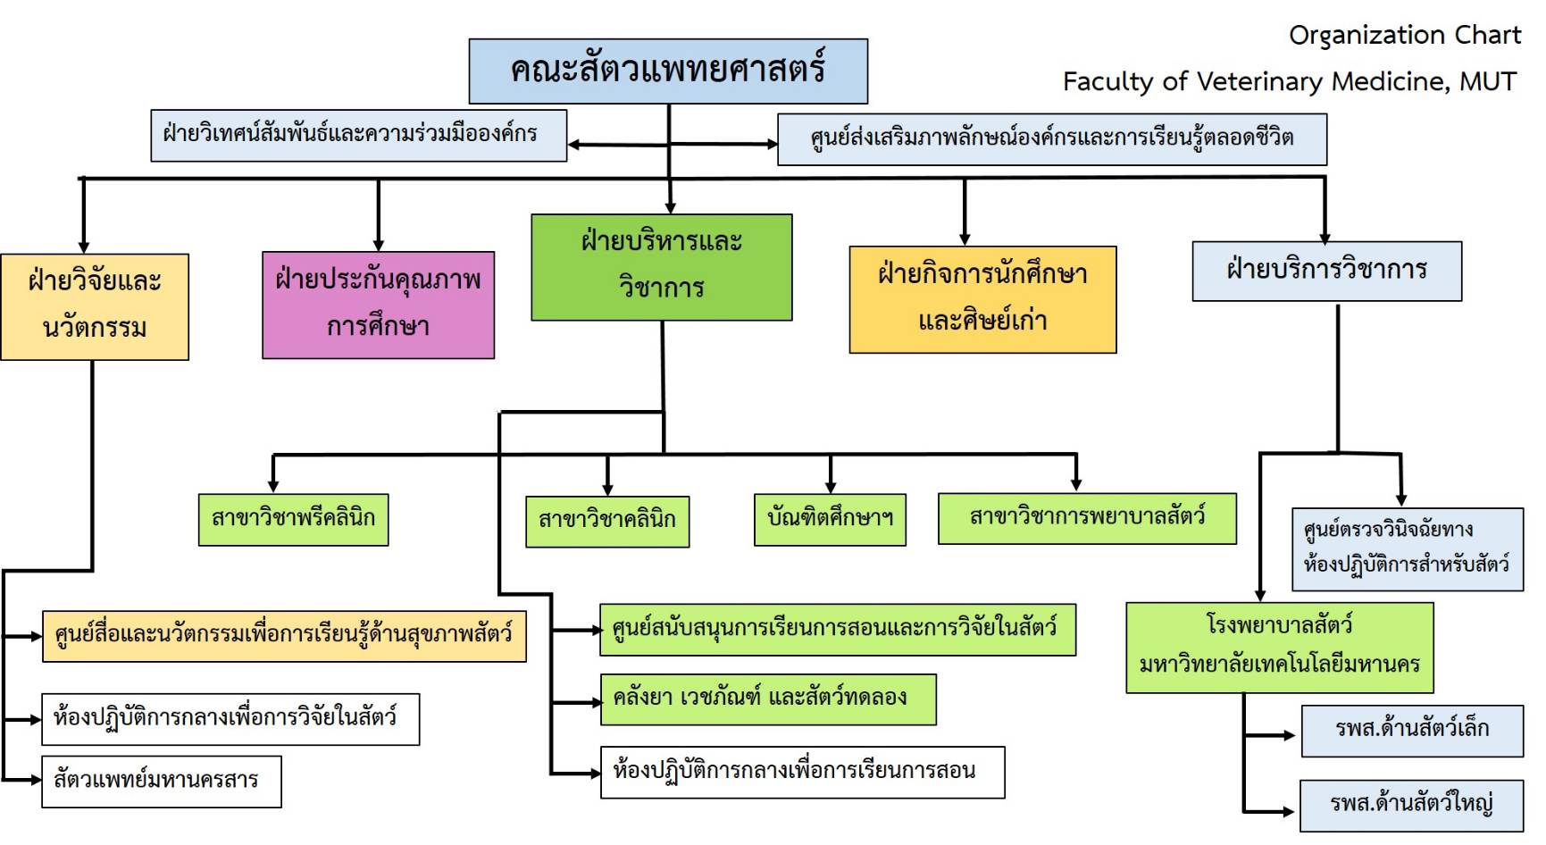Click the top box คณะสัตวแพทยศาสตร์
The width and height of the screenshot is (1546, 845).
668,71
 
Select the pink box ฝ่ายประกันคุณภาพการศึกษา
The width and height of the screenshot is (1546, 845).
378,305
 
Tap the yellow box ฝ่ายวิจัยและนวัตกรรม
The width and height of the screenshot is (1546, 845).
95,306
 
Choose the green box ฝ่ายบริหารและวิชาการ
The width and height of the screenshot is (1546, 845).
661,267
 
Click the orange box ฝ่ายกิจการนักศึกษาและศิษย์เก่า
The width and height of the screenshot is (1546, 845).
982,299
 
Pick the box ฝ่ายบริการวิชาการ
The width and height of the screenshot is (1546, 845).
1326,271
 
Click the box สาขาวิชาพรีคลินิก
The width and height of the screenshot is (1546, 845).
293,519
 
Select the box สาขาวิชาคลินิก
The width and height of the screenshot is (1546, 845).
607,521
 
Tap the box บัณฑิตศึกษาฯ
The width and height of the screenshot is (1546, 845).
831,519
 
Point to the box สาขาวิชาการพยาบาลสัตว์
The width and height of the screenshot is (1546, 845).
1087,518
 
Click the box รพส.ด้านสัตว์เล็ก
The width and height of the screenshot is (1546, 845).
1412,730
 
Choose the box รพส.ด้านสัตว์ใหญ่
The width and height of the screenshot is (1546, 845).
1411,805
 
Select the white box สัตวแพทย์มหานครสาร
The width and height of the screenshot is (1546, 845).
162,782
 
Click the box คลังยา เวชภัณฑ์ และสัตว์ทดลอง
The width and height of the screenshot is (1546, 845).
768,699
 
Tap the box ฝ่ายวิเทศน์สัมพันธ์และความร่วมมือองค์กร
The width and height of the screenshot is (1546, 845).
358,136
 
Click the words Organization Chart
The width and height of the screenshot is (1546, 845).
1404,36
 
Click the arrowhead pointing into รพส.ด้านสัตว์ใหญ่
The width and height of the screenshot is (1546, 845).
1289,812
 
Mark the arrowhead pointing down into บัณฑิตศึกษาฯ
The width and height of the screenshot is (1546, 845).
831,487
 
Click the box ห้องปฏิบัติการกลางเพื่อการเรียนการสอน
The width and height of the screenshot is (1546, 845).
802,772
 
